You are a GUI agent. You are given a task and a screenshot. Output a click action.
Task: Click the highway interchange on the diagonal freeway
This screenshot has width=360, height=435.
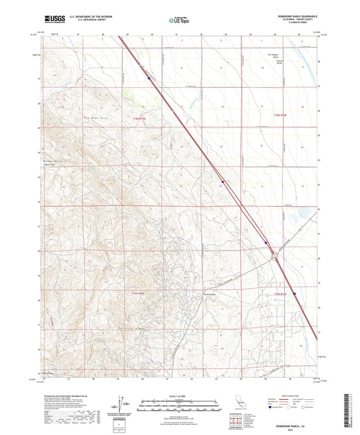point(274,255)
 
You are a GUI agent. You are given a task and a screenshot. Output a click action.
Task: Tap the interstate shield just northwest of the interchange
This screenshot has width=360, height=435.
point(266,245)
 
